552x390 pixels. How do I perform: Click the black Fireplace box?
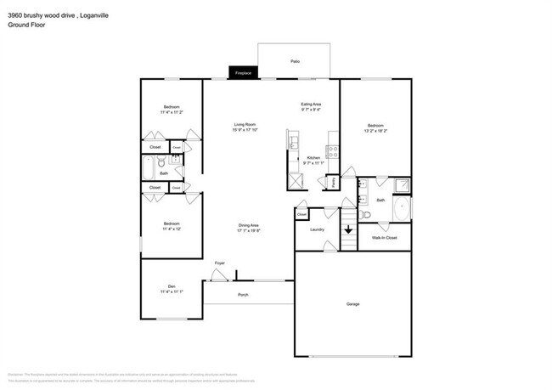242,74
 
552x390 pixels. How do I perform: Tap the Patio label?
295,62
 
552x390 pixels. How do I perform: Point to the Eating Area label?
311,105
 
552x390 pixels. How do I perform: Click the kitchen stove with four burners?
333,153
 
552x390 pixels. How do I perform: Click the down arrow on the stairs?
346,229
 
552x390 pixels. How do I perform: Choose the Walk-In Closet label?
384,237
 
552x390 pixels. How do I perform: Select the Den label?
171,285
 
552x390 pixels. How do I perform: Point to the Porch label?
243,294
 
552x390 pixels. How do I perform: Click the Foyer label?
219,263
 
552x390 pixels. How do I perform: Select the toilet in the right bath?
365,214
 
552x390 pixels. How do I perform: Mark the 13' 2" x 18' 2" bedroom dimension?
375,131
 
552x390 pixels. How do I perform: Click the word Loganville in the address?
94,14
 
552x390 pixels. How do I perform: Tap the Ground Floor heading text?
27,24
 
